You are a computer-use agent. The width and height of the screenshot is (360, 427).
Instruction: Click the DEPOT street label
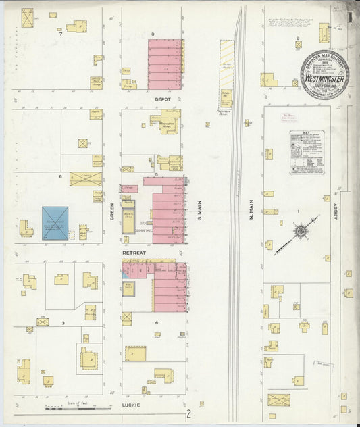(163, 99)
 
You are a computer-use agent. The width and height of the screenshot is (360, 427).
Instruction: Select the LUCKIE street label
(130, 405)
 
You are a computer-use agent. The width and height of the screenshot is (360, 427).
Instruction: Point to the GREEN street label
(112, 213)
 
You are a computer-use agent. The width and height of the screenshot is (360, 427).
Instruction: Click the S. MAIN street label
(200, 213)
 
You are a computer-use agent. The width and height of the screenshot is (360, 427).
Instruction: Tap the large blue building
(55, 223)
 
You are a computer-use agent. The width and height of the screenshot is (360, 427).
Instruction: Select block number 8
(153, 34)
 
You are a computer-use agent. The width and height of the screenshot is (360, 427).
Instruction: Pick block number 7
(61, 34)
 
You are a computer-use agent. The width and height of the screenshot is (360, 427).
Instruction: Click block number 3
(63, 323)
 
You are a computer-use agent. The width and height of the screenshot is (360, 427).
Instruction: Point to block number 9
(298, 38)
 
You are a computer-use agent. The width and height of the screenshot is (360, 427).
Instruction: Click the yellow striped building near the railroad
(227, 66)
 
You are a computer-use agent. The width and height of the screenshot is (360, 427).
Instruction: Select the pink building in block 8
(165, 64)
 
